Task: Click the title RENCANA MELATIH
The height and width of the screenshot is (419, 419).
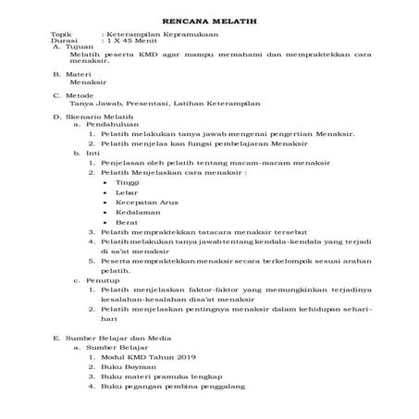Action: [209, 19]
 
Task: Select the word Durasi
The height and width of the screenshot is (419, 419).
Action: [63, 43]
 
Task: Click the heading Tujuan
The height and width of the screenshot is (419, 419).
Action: [72, 49]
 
